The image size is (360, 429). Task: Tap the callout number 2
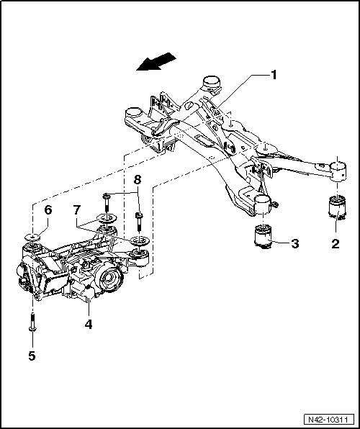pyautogui.click(x=334, y=244)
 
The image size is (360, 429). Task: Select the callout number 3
pyautogui.click(x=295, y=243)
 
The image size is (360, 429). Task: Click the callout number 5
pyautogui.click(x=31, y=355)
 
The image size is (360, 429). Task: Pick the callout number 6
pyautogui.click(x=49, y=209)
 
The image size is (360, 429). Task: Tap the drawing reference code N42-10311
pyautogui.click(x=330, y=419)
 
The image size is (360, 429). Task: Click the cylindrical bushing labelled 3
pyautogui.click(x=262, y=237)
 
